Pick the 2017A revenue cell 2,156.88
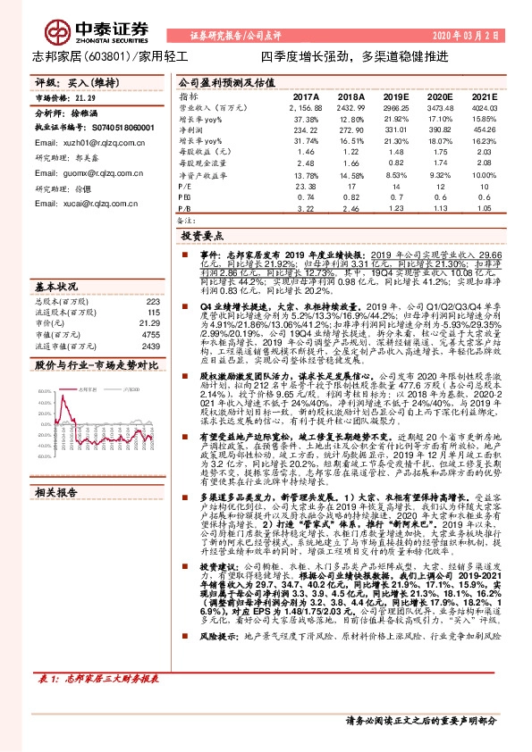(x=305, y=106)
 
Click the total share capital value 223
(x=151, y=301)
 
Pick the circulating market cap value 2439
(x=149, y=346)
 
